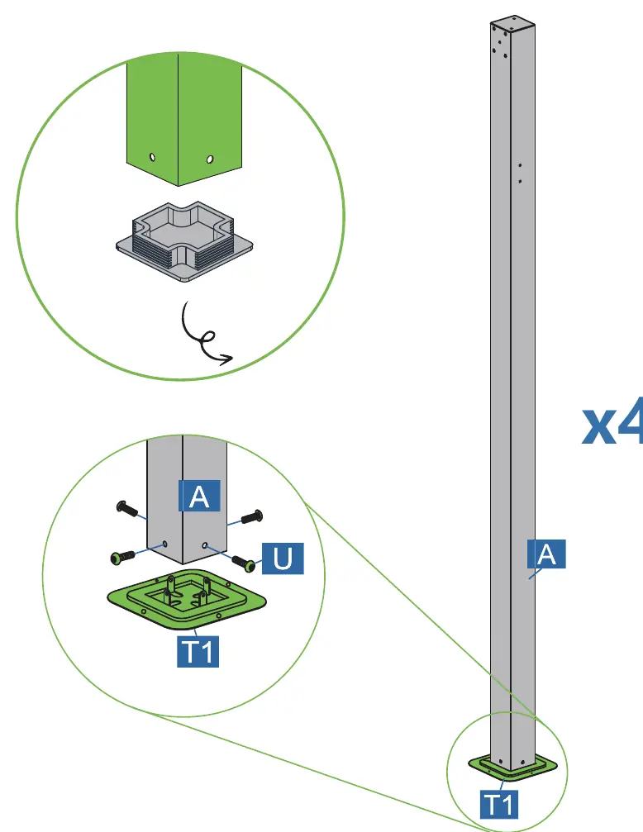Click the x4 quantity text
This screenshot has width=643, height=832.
click(x=612, y=423)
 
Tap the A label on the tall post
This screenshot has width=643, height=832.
click(x=546, y=554)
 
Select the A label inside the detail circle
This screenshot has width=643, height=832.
click(x=199, y=496)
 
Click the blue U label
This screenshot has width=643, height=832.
click(x=283, y=559)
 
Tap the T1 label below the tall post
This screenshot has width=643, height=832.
click(x=500, y=805)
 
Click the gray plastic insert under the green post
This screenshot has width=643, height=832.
click(x=184, y=241)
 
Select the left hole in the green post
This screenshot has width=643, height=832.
click(x=152, y=157)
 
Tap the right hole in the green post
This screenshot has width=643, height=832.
click(x=210, y=159)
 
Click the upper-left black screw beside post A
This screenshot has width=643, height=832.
click(x=127, y=508)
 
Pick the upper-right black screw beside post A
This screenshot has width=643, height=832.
click(x=252, y=516)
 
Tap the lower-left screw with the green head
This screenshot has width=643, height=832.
click(x=122, y=557)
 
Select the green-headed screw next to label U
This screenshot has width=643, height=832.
click(x=244, y=563)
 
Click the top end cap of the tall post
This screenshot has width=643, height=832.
click(x=512, y=23)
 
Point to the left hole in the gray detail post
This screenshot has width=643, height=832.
click(x=164, y=544)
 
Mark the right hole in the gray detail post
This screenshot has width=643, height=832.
click(x=205, y=545)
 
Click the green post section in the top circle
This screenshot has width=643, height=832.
click(x=183, y=119)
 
